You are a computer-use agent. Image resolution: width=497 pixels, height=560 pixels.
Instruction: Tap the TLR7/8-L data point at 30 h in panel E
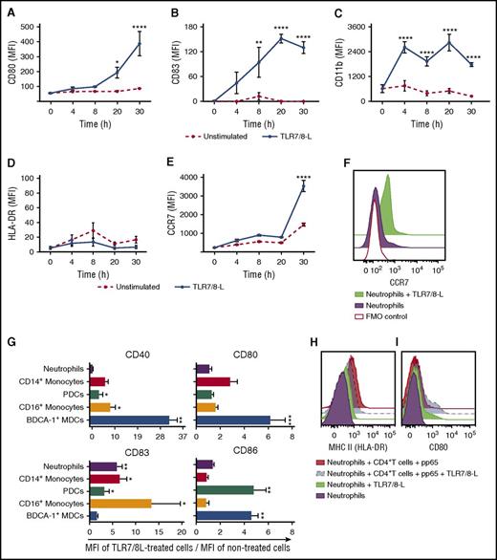(301, 186)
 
